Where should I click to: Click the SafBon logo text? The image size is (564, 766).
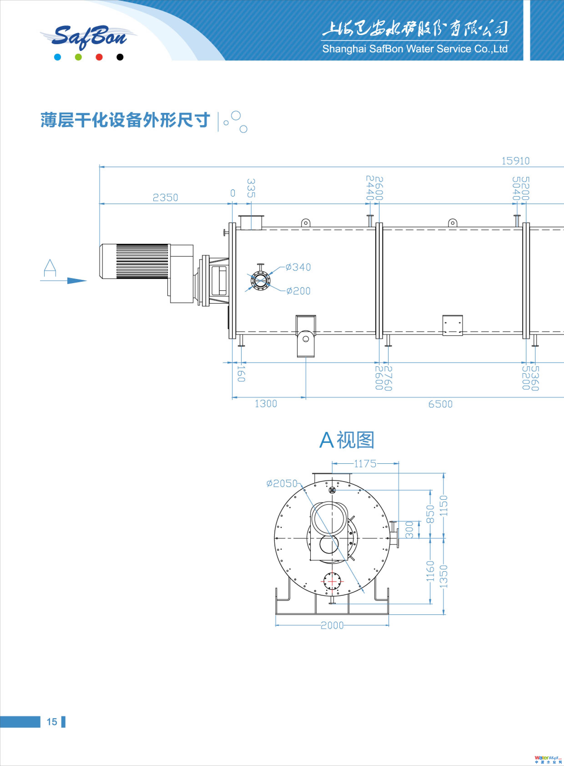(89, 37)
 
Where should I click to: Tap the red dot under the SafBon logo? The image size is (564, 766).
(99, 57)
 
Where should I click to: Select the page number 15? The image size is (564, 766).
(52, 722)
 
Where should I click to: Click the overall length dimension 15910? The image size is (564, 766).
(515, 161)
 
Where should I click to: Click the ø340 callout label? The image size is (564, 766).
(298, 267)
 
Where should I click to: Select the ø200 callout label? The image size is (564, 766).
(298, 291)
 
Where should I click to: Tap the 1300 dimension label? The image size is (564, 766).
(266, 404)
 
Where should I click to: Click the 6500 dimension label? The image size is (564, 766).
(440, 404)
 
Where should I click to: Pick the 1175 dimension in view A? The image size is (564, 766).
(365, 464)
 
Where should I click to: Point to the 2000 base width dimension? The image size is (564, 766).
(332, 625)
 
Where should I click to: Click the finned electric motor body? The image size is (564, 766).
(135, 261)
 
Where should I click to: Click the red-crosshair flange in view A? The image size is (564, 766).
(332, 581)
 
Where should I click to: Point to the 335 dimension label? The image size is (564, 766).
(251, 188)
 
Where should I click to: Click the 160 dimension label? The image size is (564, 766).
(241, 374)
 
